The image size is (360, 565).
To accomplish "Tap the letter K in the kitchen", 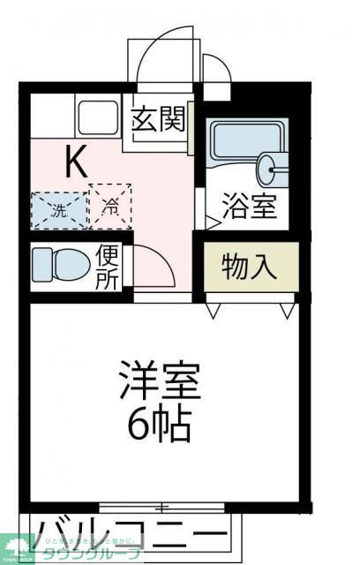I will coord(75,161).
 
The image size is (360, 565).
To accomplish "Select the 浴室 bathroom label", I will coord(250,208).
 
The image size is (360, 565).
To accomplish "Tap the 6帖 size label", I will coord(160,427).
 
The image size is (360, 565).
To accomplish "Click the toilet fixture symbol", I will coord(60,263).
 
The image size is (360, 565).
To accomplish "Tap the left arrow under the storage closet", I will coord(214,311).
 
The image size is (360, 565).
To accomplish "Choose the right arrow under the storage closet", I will coord(285,311).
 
